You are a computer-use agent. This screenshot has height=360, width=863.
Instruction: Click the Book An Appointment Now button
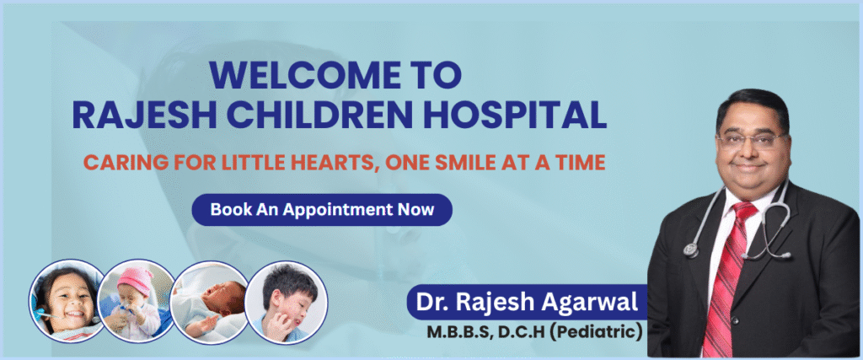tap(321, 210)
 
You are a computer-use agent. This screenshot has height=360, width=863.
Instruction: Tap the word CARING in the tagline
tap(115, 162)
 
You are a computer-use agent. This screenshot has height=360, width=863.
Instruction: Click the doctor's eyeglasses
tap(753, 140)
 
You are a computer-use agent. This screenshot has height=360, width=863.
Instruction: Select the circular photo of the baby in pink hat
tap(137, 302)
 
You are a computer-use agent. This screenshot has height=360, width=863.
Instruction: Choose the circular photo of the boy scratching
tap(287, 300)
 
